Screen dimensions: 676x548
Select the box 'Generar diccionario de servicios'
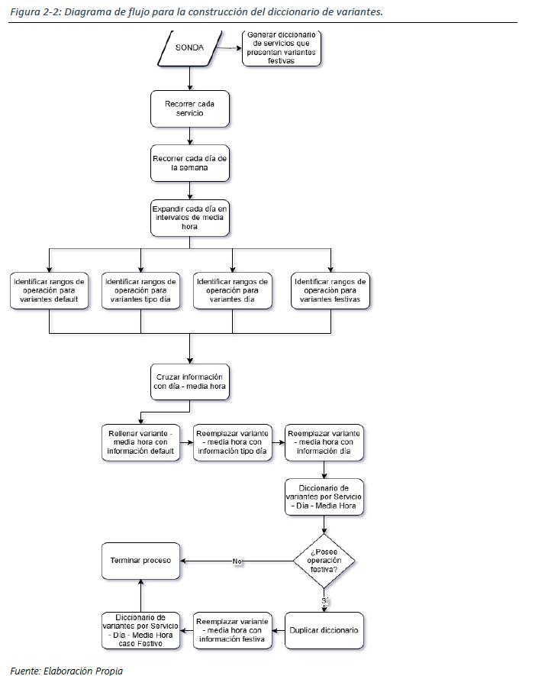coord(282,47)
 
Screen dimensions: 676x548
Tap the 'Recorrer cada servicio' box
coord(189,108)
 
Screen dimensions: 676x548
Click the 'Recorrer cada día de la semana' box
coord(189,163)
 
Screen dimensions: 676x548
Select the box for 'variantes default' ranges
coord(50,291)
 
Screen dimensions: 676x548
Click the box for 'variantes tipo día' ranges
coord(140,291)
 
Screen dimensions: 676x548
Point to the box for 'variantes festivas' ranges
coord(330,291)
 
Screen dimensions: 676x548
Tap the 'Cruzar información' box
coord(189,382)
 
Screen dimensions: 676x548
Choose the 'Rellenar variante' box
coord(140,442)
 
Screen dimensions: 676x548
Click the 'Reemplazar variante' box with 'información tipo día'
coord(233,442)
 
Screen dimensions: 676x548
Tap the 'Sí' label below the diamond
coord(324,601)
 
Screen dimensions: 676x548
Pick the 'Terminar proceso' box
coord(141,559)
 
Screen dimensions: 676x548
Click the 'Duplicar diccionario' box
coord(324,630)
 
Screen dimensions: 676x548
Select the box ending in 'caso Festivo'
coord(141,631)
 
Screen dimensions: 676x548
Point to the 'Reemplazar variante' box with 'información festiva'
coord(233,631)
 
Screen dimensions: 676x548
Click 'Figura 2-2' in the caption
coord(31,12)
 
